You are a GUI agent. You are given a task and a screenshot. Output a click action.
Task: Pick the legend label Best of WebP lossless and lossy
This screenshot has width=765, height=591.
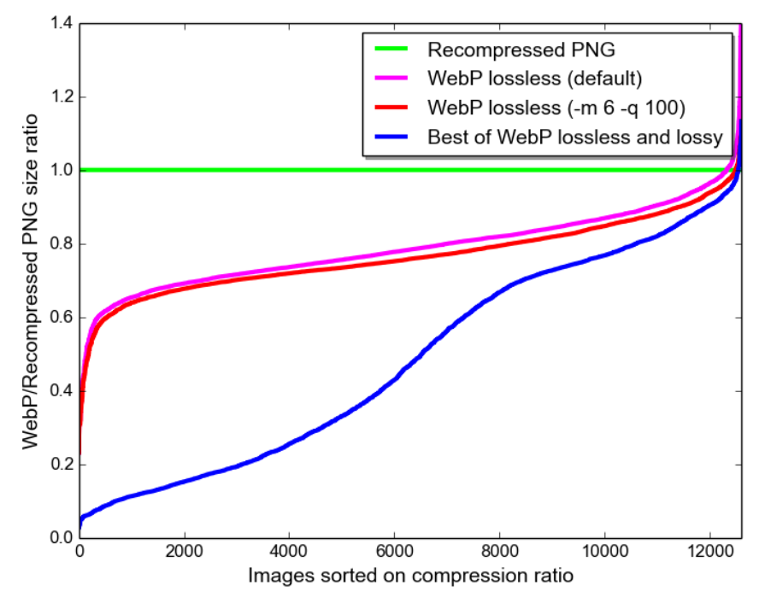pos(575,137)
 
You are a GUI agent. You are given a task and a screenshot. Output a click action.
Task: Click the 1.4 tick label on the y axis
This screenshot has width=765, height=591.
pos(59,24)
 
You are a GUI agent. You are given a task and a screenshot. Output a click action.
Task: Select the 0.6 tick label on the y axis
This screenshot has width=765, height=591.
pos(59,318)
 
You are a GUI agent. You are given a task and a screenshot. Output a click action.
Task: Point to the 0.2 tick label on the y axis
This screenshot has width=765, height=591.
pos(59,465)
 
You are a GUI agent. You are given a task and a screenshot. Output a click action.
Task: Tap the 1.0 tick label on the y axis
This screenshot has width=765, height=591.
pos(59,171)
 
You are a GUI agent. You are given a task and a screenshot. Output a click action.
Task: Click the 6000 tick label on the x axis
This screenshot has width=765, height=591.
pos(395,553)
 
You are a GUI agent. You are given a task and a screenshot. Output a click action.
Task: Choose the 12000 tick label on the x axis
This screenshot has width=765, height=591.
pos(710,553)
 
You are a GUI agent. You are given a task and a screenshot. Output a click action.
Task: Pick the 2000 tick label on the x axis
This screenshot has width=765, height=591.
pos(184,553)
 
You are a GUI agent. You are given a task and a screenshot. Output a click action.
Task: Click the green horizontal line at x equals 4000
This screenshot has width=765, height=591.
pos(290,170)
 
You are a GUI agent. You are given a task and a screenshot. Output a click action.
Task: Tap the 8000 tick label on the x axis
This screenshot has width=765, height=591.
pos(500,553)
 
